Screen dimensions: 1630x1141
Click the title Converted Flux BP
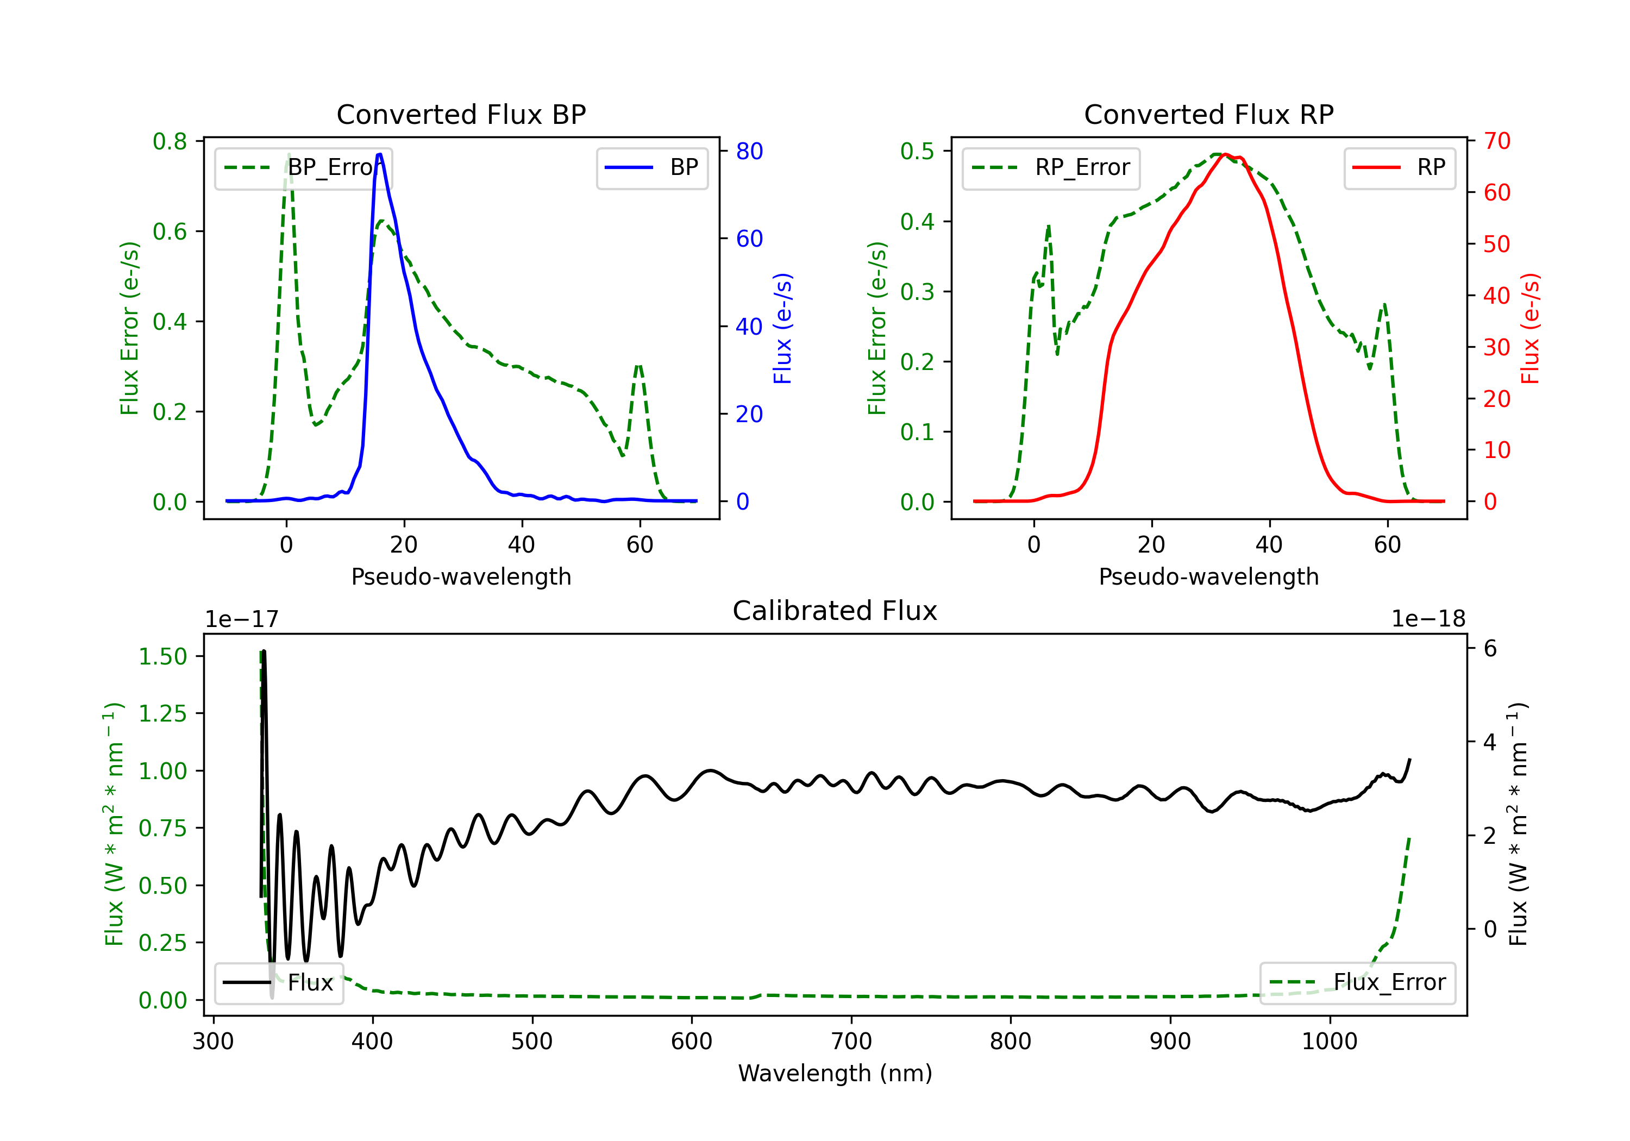pyautogui.click(x=461, y=114)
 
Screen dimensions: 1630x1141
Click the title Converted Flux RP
pyautogui.click(x=1209, y=114)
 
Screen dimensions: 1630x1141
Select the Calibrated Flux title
pyautogui.click(x=835, y=611)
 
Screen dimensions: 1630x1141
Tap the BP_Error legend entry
pyautogui.click(x=303, y=167)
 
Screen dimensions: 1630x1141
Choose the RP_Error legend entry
pyautogui.click(x=1051, y=167)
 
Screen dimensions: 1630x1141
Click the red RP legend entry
pyautogui.click(x=1399, y=167)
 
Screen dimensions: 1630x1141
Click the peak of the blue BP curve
pyautogui.click(x=380, y=154)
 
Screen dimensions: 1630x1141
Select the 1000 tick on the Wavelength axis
pyautogui.click(x=1330, y=1042)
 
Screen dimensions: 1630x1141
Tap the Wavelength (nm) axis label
pyautogui.click(x=835, y=1074)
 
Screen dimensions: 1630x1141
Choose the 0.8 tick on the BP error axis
pyautogui.click(x=170, y=141)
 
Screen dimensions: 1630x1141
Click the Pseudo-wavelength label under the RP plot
pyautogui.click(x=1209, y=576)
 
